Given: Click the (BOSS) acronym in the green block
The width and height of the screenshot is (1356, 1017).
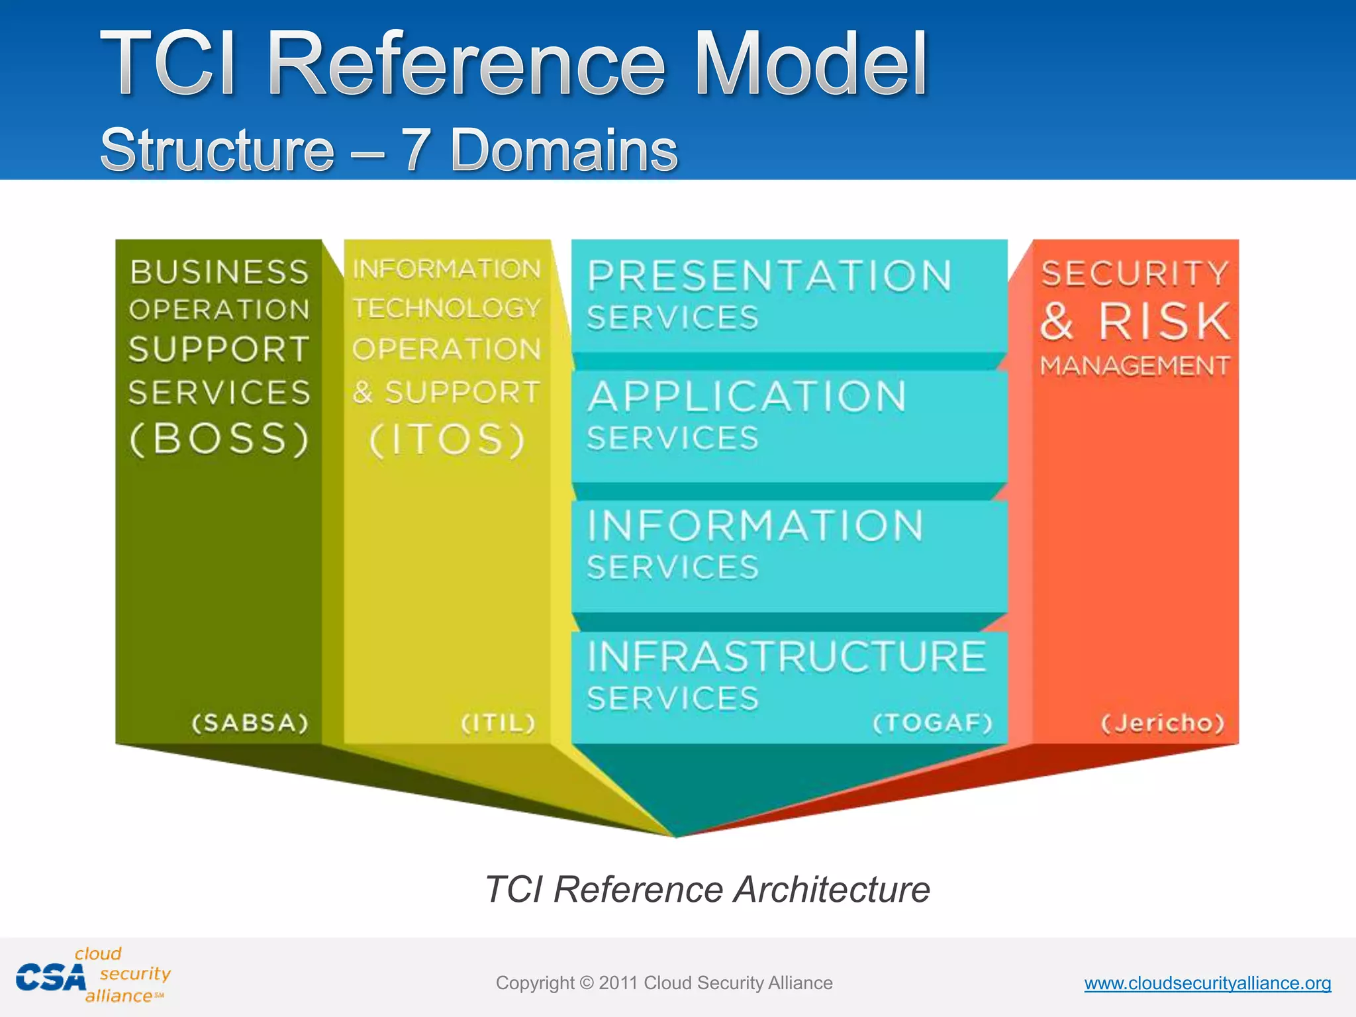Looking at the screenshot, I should [x=219, y=439].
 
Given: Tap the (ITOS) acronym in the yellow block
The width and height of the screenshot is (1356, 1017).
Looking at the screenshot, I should [x=448, y=440].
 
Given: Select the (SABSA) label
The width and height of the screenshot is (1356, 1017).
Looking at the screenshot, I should [x=250, y=722].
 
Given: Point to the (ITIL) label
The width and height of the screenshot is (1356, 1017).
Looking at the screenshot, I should [x=498, y=722].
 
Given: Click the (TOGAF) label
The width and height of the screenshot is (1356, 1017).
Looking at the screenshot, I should [x=933, y=722].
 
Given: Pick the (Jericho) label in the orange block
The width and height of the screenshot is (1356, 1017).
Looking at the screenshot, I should [x=1163, y=722].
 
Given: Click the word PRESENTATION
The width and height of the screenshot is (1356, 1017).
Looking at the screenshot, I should [x=770, y=276].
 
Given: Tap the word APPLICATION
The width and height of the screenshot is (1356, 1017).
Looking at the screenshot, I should [x=748, y=397].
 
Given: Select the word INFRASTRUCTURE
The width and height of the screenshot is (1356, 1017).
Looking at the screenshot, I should [x=787, y=656].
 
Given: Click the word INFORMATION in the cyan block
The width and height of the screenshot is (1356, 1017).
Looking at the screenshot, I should [x=755, y=526].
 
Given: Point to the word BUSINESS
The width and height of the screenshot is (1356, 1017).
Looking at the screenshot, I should [x=219, y=272].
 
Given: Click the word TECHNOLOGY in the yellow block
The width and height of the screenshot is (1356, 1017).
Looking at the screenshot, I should [x=447, y=309].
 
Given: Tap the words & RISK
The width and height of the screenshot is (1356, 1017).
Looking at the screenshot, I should [x=1135, y=321].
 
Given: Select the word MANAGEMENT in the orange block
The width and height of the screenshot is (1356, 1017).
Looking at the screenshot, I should [x=1135, y=365].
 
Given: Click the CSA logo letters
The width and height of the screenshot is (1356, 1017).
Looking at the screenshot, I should [x=51, y=978].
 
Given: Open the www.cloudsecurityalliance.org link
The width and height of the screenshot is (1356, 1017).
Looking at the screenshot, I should [x=1207, y=983].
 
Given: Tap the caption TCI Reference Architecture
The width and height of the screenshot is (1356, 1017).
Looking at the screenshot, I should [x=707, y=889].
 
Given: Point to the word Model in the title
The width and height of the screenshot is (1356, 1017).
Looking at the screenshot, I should [x=810, y=64].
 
